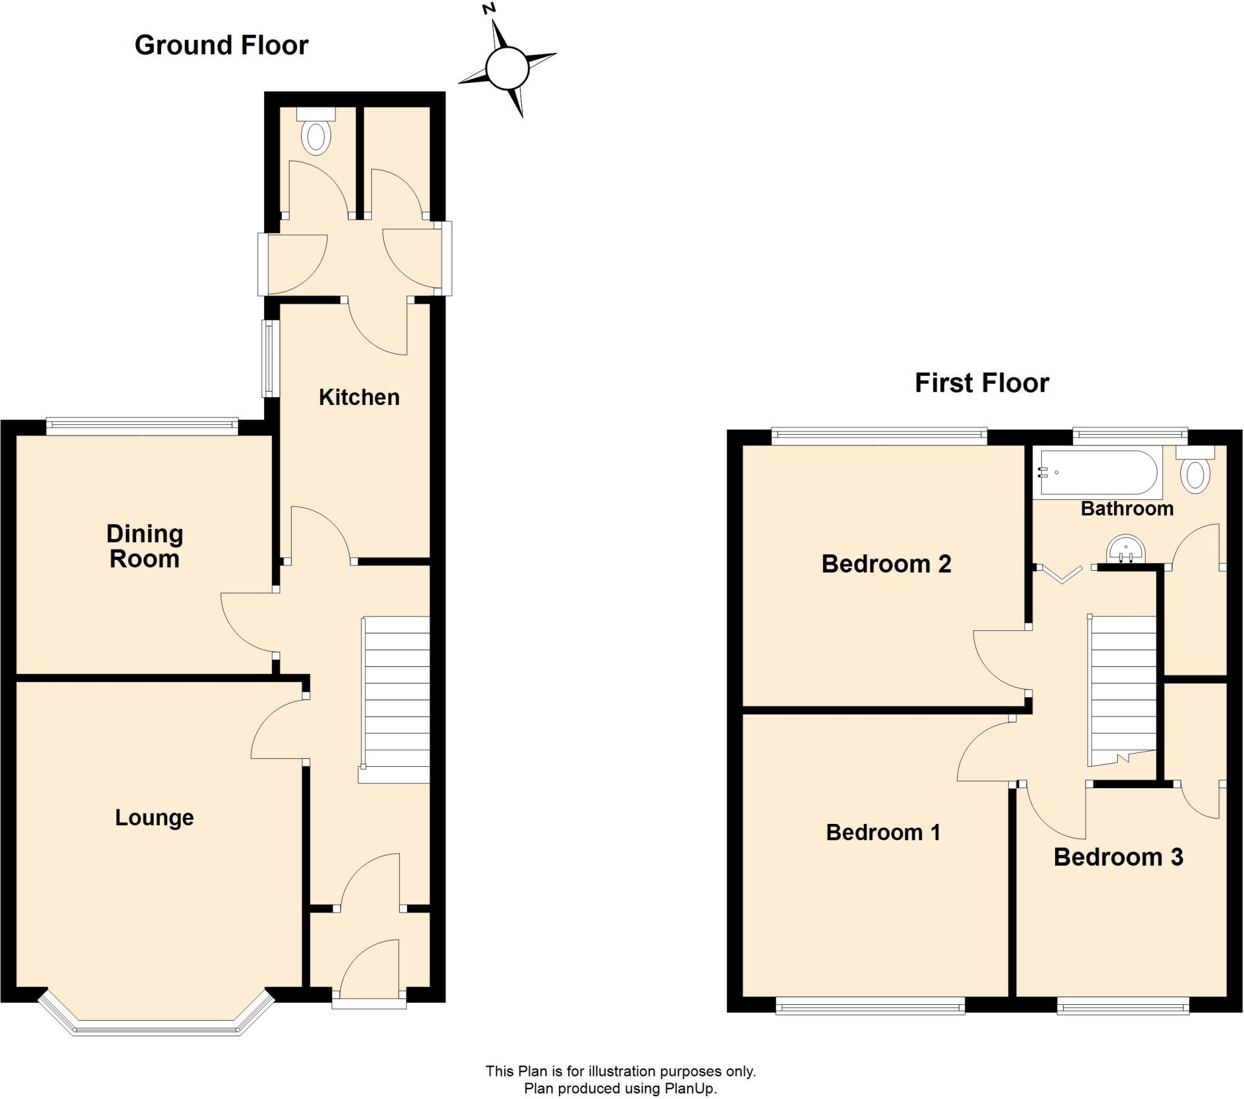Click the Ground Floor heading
(x=221, y=46)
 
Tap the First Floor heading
(x=982, y=383)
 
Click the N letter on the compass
(x=488, y=9)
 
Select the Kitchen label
(x=359, y=397)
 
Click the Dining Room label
(x=144, y=546)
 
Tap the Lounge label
(x=154, y=817)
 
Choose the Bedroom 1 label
(x=883, y=832)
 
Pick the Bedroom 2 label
(x=886, y=563)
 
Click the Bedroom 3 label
(x=1118, y=857)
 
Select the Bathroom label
(x=1127, y=508)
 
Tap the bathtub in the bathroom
(x=1098, y=472)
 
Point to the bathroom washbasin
(x=1126, y=549)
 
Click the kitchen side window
(x=268, y=358)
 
